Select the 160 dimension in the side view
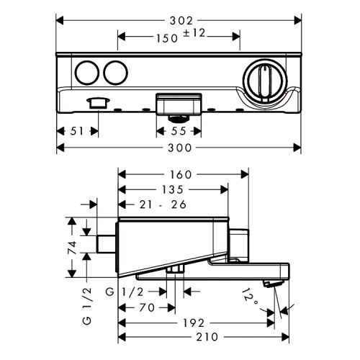click(x=183, y=174)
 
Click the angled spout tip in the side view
click(x=271, y=286)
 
